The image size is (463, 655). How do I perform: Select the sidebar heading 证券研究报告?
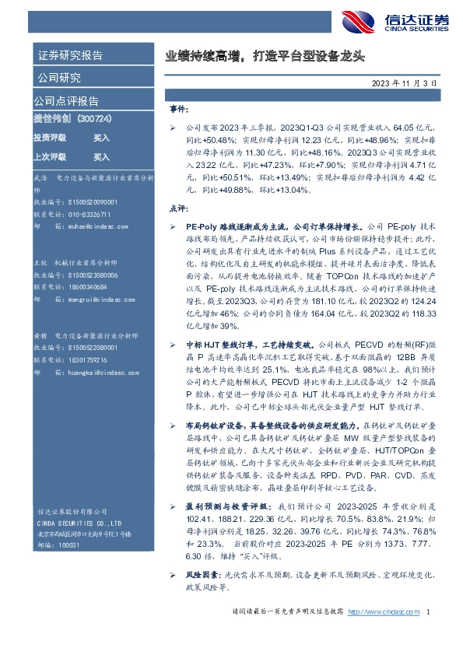70,55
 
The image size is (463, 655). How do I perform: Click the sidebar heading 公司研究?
58,78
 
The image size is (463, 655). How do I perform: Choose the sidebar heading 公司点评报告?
65,101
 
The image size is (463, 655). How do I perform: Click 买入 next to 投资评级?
101,138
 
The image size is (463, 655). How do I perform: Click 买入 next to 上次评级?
101,156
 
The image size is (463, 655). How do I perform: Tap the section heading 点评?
178,208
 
